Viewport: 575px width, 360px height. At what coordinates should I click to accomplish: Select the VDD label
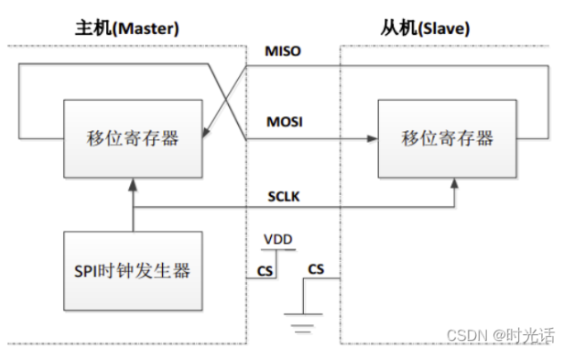click(277, 239)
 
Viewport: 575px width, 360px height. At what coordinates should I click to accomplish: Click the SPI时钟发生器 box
click(133, 271)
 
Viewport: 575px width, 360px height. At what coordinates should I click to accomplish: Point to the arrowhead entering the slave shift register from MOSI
click(373, 139)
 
